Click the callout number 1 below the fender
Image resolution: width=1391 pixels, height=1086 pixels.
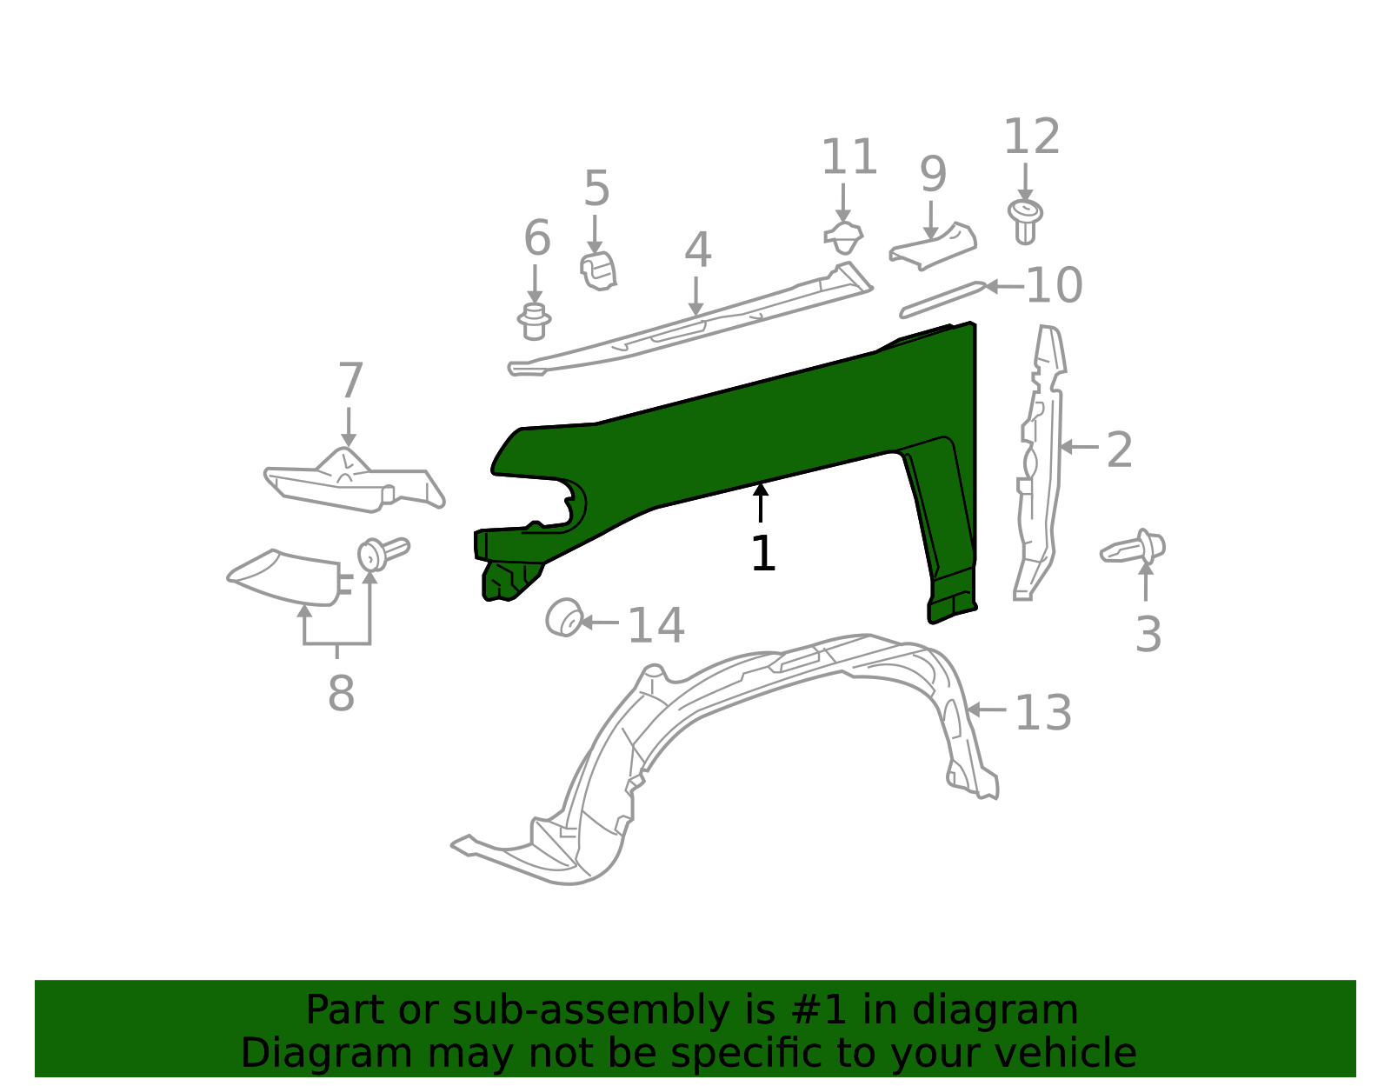point(762,554)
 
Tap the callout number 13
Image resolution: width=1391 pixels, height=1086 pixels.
point(1042,713)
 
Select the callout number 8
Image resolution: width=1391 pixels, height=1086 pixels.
point(341,694)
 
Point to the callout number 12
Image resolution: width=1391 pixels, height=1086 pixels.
point(1031,137)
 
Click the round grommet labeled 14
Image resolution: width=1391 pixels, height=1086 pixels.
point(564,618)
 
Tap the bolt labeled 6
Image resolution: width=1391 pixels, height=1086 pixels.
point(534,321)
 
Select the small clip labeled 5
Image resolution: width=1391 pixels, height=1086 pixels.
point(598,270)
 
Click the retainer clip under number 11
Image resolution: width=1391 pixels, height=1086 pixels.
point(843,237)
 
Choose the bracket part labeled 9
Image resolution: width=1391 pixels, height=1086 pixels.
point(933,245)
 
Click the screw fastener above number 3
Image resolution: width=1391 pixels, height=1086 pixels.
point(1135,549)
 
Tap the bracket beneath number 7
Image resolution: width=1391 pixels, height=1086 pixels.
point(352,483)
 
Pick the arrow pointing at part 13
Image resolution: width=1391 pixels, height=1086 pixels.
point(987,710)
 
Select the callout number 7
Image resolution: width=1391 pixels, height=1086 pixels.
point(349,382)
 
